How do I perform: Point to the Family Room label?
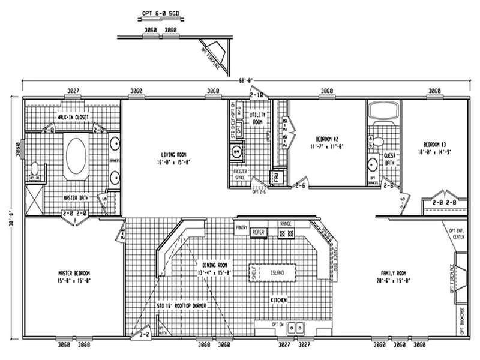pos(393,277)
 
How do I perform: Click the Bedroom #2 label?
pos(326,142)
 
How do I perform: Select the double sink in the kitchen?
pos(295,328)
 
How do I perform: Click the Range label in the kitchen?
pos(286,223)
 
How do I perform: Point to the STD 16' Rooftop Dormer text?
pos(181,306)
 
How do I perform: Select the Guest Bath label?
pos(389,158)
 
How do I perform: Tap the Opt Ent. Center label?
pos(457,232)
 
